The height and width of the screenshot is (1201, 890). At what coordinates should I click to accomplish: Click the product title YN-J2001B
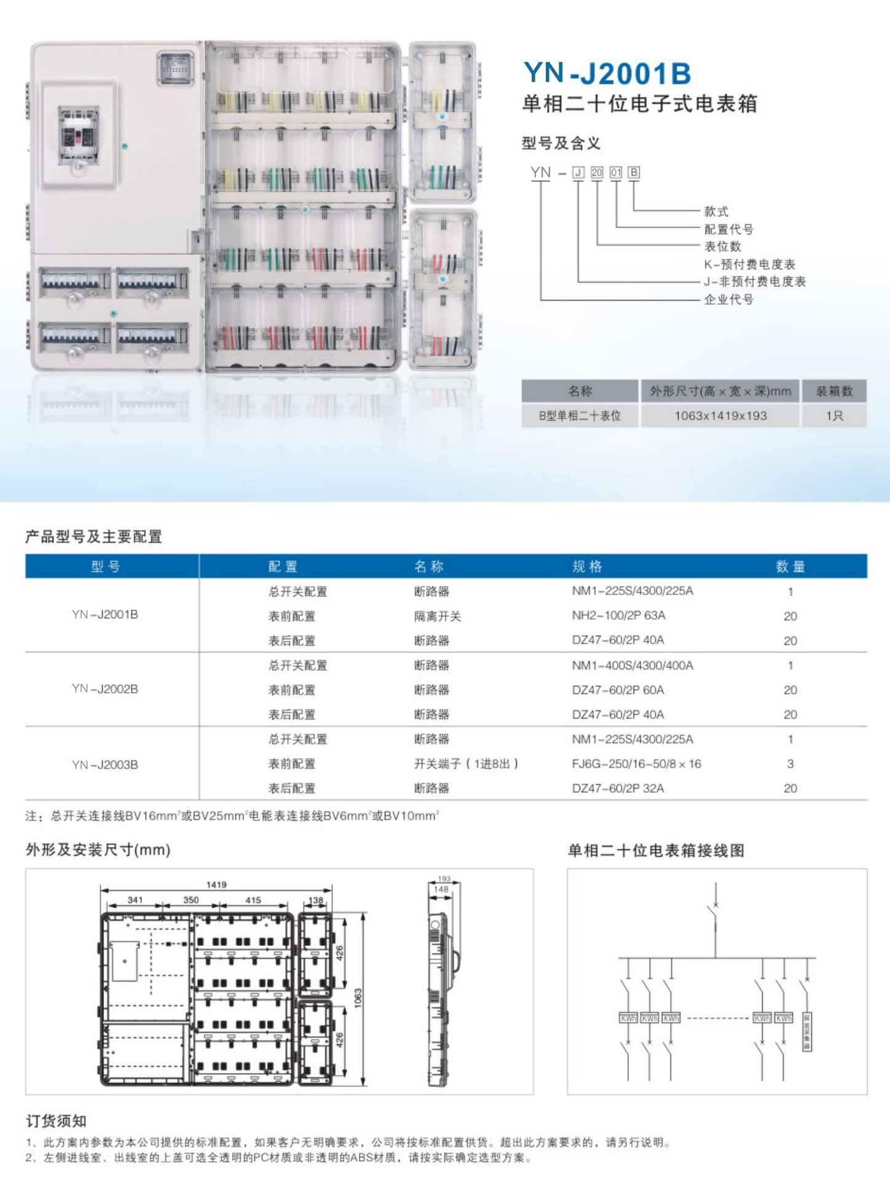pyautogui.click(x=607, y=73)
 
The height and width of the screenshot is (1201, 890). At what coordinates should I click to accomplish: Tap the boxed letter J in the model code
pyautogui.click(x=578, y=173)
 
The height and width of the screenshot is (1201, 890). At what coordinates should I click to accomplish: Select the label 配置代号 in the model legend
pyautogui.click(x=728, y=229)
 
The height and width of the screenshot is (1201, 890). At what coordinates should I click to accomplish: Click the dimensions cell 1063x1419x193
pyautogui.click(x=720, y=416)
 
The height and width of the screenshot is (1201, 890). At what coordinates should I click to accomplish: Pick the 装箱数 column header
pyautogui.click(x=834, y=391)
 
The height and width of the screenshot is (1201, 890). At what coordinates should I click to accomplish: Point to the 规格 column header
pyautogui.click(x=587, y=567)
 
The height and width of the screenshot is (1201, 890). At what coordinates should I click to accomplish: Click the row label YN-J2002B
pyautogui.click(x=105, y=689)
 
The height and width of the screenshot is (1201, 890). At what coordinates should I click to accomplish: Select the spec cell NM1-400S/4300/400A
pyautogui.click(x=632, y=666)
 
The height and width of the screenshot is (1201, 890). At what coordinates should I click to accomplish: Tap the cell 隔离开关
pyautogui.click(x=437, y=616)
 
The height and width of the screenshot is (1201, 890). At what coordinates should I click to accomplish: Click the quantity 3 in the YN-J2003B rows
pyautogui.click(x=790, y=764)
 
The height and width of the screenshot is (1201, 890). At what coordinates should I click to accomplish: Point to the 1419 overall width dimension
pyautogui.click(x=216, y=885)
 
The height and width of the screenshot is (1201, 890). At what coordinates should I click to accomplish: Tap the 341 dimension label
pyautogui.click(x=135, y=900)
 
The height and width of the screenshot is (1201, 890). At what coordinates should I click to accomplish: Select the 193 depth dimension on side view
pyautogui.click(x=444, y=879)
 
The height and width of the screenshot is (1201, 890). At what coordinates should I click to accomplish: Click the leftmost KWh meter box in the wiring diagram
pyautogui.click(x=628, y=1018)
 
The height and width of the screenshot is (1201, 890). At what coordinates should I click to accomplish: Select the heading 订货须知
pyautogui.click(x=56, y=1121)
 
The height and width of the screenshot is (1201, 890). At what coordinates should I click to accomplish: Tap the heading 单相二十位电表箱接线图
pyautogui.click(x=656, y=851)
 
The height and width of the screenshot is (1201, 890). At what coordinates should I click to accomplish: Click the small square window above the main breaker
pyautogui.click(x=176, y=68)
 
